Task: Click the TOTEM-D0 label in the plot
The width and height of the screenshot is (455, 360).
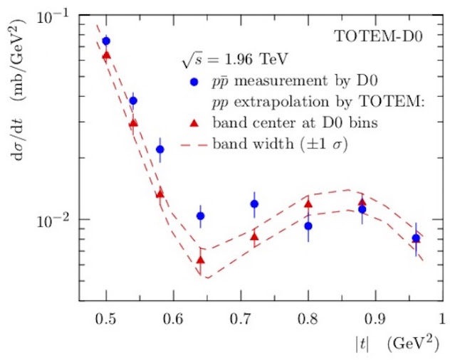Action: click(378, 36)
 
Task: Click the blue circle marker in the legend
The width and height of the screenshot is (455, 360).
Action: click(194, 82)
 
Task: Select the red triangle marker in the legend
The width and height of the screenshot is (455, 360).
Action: click(194, 123)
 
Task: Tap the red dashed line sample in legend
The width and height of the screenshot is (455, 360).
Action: click(194, 144)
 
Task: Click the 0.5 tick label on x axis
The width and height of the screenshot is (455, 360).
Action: click(106, 319)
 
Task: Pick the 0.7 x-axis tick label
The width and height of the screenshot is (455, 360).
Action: click(241, 319)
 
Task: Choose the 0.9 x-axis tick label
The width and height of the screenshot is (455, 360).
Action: click(375, 319)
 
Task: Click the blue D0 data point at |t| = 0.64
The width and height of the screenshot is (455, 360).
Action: click(200, 216)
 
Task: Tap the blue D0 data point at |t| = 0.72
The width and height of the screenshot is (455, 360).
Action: click(254, 204)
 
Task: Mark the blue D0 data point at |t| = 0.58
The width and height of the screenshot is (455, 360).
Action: click(160, 149)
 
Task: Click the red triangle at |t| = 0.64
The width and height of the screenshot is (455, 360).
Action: click(200, 260)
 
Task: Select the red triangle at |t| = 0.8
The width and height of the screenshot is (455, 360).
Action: click(308, 204)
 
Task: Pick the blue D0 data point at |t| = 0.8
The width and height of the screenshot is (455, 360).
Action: click(308, 226)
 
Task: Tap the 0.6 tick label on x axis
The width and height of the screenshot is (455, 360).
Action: click(173, 319)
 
